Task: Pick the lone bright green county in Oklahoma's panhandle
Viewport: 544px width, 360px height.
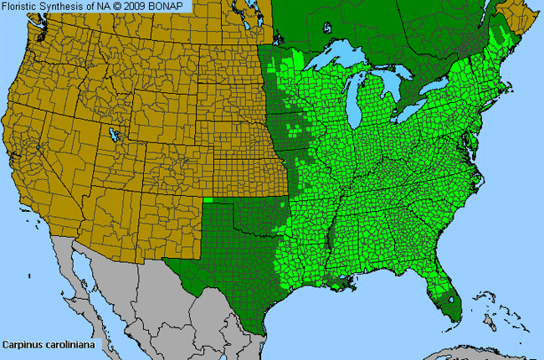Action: pos(208,200)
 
